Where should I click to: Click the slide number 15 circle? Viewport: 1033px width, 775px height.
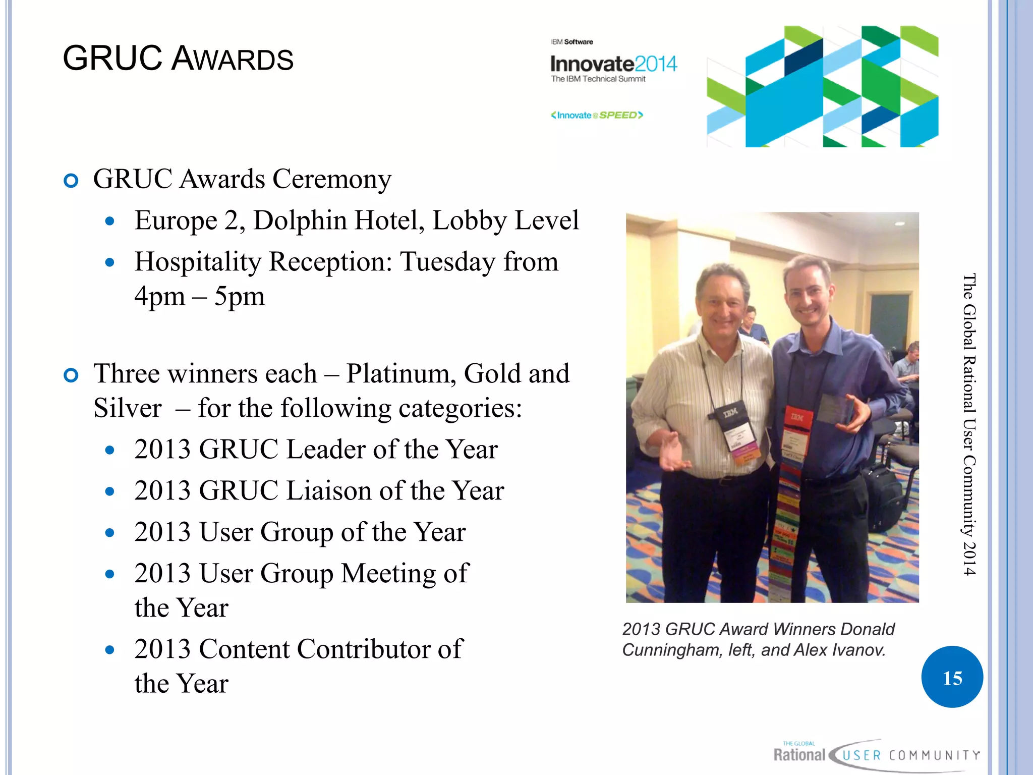tap(952, 677)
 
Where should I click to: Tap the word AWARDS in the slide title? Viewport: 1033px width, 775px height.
tap(233, 59)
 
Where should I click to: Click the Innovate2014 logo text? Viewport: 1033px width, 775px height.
tap(613, 65)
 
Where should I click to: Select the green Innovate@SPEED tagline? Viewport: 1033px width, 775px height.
tap(597, 115)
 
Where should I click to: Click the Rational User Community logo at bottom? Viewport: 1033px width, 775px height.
tap(876, 755)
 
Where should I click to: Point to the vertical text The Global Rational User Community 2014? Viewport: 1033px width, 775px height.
tap(969, 424)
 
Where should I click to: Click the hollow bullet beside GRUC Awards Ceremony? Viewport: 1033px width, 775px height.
tap(71, 181)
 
